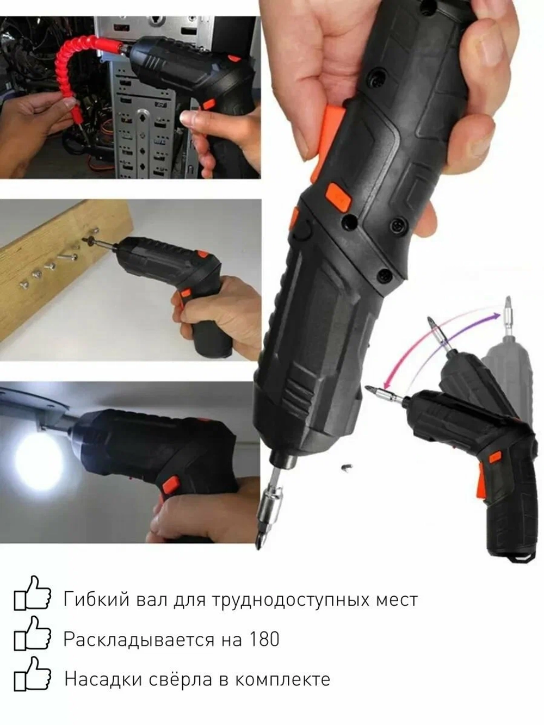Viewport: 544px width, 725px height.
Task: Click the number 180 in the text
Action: coord(263,639)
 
